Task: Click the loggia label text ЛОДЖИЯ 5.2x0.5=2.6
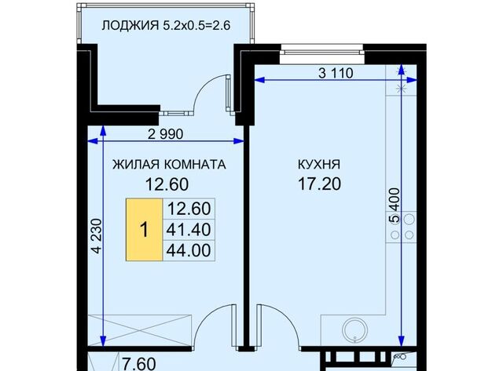166,25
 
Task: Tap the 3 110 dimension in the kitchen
336,73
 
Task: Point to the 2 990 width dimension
166,134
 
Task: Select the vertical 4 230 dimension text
97,236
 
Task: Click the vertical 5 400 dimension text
395,206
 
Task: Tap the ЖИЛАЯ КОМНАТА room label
169,165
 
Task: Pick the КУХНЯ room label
319,165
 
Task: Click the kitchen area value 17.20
320,184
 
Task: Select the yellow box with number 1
144,230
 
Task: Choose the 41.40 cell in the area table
189,230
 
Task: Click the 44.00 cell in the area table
189,250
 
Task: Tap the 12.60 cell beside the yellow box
189,209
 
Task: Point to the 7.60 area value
140,364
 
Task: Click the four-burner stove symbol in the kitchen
402,227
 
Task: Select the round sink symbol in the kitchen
354,329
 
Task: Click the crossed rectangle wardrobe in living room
140,330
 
